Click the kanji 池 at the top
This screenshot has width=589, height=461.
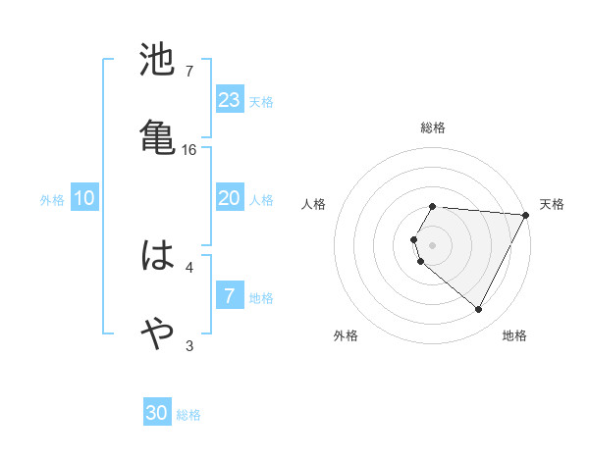coord(158,61)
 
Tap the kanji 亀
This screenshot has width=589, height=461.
coord(158,135)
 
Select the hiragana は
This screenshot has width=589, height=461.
coord(158,257)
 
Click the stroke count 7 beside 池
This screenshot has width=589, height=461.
coord(189,72)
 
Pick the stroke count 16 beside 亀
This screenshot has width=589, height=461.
coord(189,149)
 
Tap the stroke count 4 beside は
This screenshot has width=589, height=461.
coord(189,266)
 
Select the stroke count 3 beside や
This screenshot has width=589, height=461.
coord(189,344)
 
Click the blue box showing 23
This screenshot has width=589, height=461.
coord(229,100)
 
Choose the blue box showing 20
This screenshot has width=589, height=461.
coord(229,198)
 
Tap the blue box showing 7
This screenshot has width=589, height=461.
coord(229,296)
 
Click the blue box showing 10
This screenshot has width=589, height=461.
coord(84,198)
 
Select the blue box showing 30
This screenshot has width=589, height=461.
coord(157,414)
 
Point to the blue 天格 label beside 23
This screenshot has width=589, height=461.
coord(261,101)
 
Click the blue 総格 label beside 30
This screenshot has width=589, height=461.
coord(189,415)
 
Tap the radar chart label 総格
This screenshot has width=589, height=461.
coord(433,128)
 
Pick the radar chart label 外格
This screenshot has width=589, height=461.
coord(346,336)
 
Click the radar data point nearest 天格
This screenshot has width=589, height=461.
coord(526,215)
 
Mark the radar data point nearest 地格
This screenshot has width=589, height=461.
coord(479,310)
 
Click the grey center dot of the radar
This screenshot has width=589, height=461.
coord(433,244)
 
